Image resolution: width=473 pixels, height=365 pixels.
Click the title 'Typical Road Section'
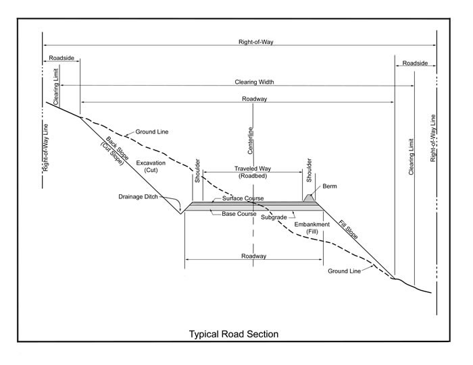pyautogui.click(x=233, y=334)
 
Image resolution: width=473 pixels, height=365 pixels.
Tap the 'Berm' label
pyautogui.click(x=329, y=186)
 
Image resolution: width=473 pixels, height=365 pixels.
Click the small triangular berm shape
pyautogui.click(x=310, y=198)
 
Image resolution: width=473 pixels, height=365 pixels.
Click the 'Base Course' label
pyautogui.click(x=240, y=214)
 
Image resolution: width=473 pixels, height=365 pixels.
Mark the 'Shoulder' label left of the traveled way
pyautogui.click(x=197, y=171)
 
